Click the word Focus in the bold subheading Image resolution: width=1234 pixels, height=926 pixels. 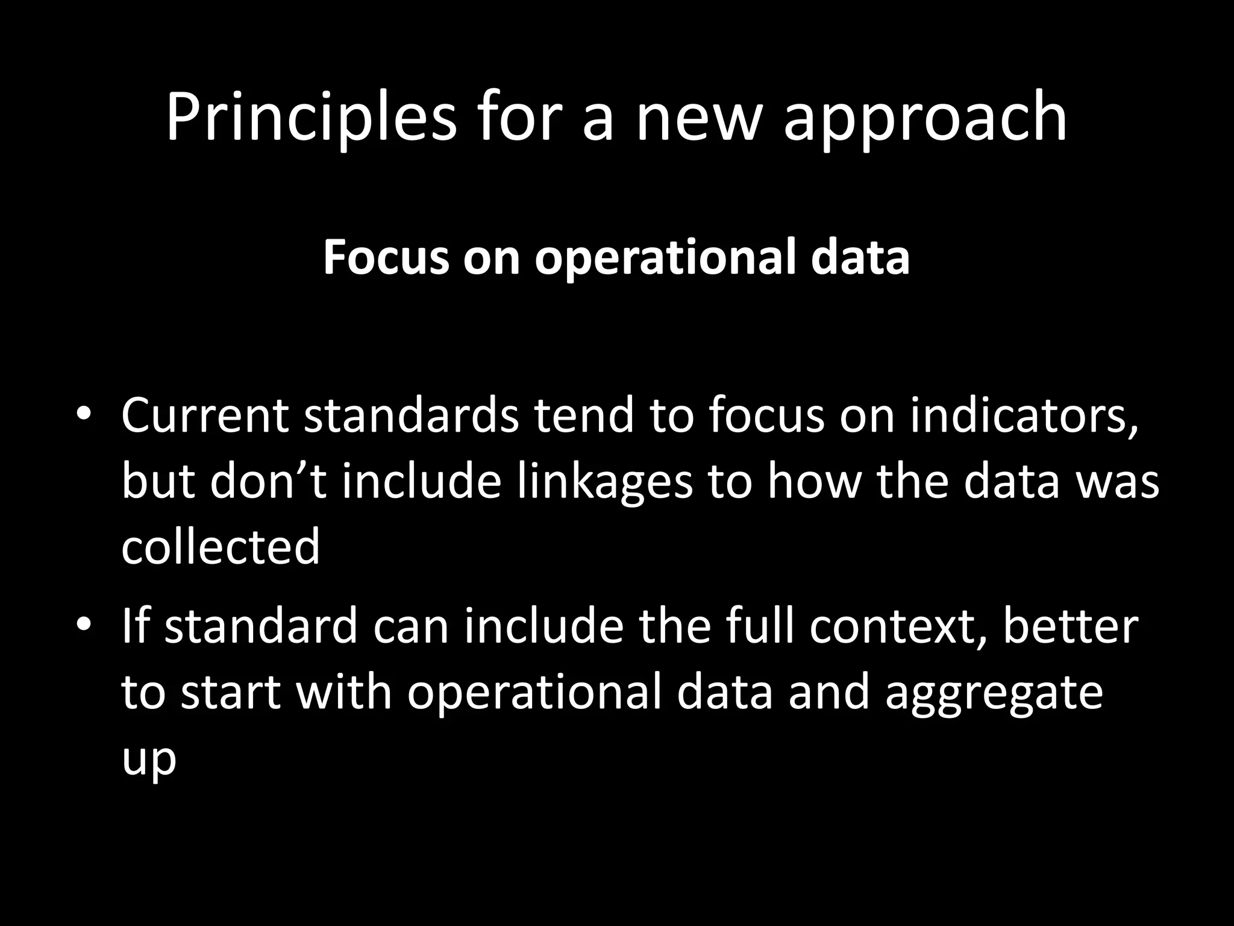coord(386,257)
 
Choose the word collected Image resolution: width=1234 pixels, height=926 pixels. coord(220,546)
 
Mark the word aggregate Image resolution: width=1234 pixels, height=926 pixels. coord(994,693)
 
